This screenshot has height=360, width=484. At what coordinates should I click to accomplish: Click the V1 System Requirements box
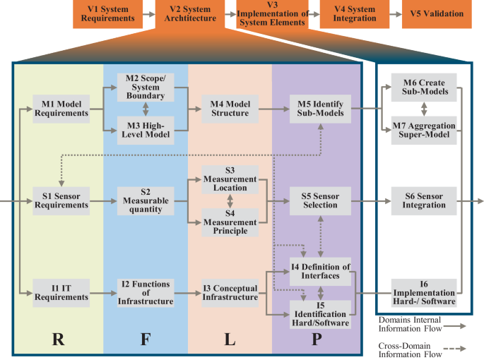106,14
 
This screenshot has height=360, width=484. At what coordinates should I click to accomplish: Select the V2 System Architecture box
187,14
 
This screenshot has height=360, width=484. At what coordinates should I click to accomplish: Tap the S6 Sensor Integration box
423,200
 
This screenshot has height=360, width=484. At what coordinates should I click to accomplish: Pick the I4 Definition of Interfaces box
321,271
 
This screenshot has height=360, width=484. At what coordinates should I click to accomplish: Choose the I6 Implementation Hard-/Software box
423,292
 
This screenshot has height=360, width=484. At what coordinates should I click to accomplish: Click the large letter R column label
60,338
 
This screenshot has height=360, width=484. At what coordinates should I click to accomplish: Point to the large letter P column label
316,338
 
